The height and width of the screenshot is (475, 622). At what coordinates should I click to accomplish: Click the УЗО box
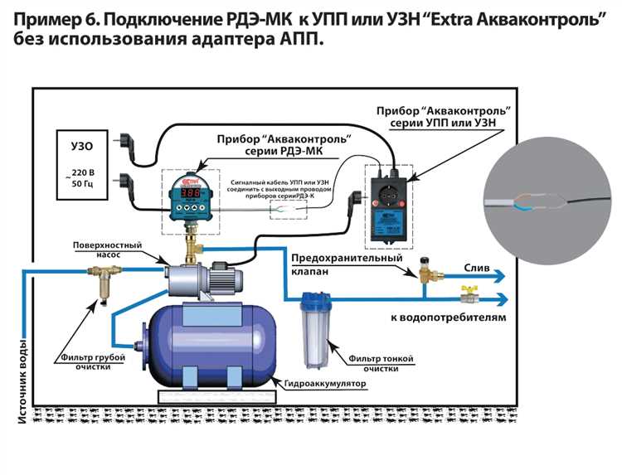click(77, 162)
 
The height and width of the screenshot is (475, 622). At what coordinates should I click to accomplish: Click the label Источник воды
click(22, 380)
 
